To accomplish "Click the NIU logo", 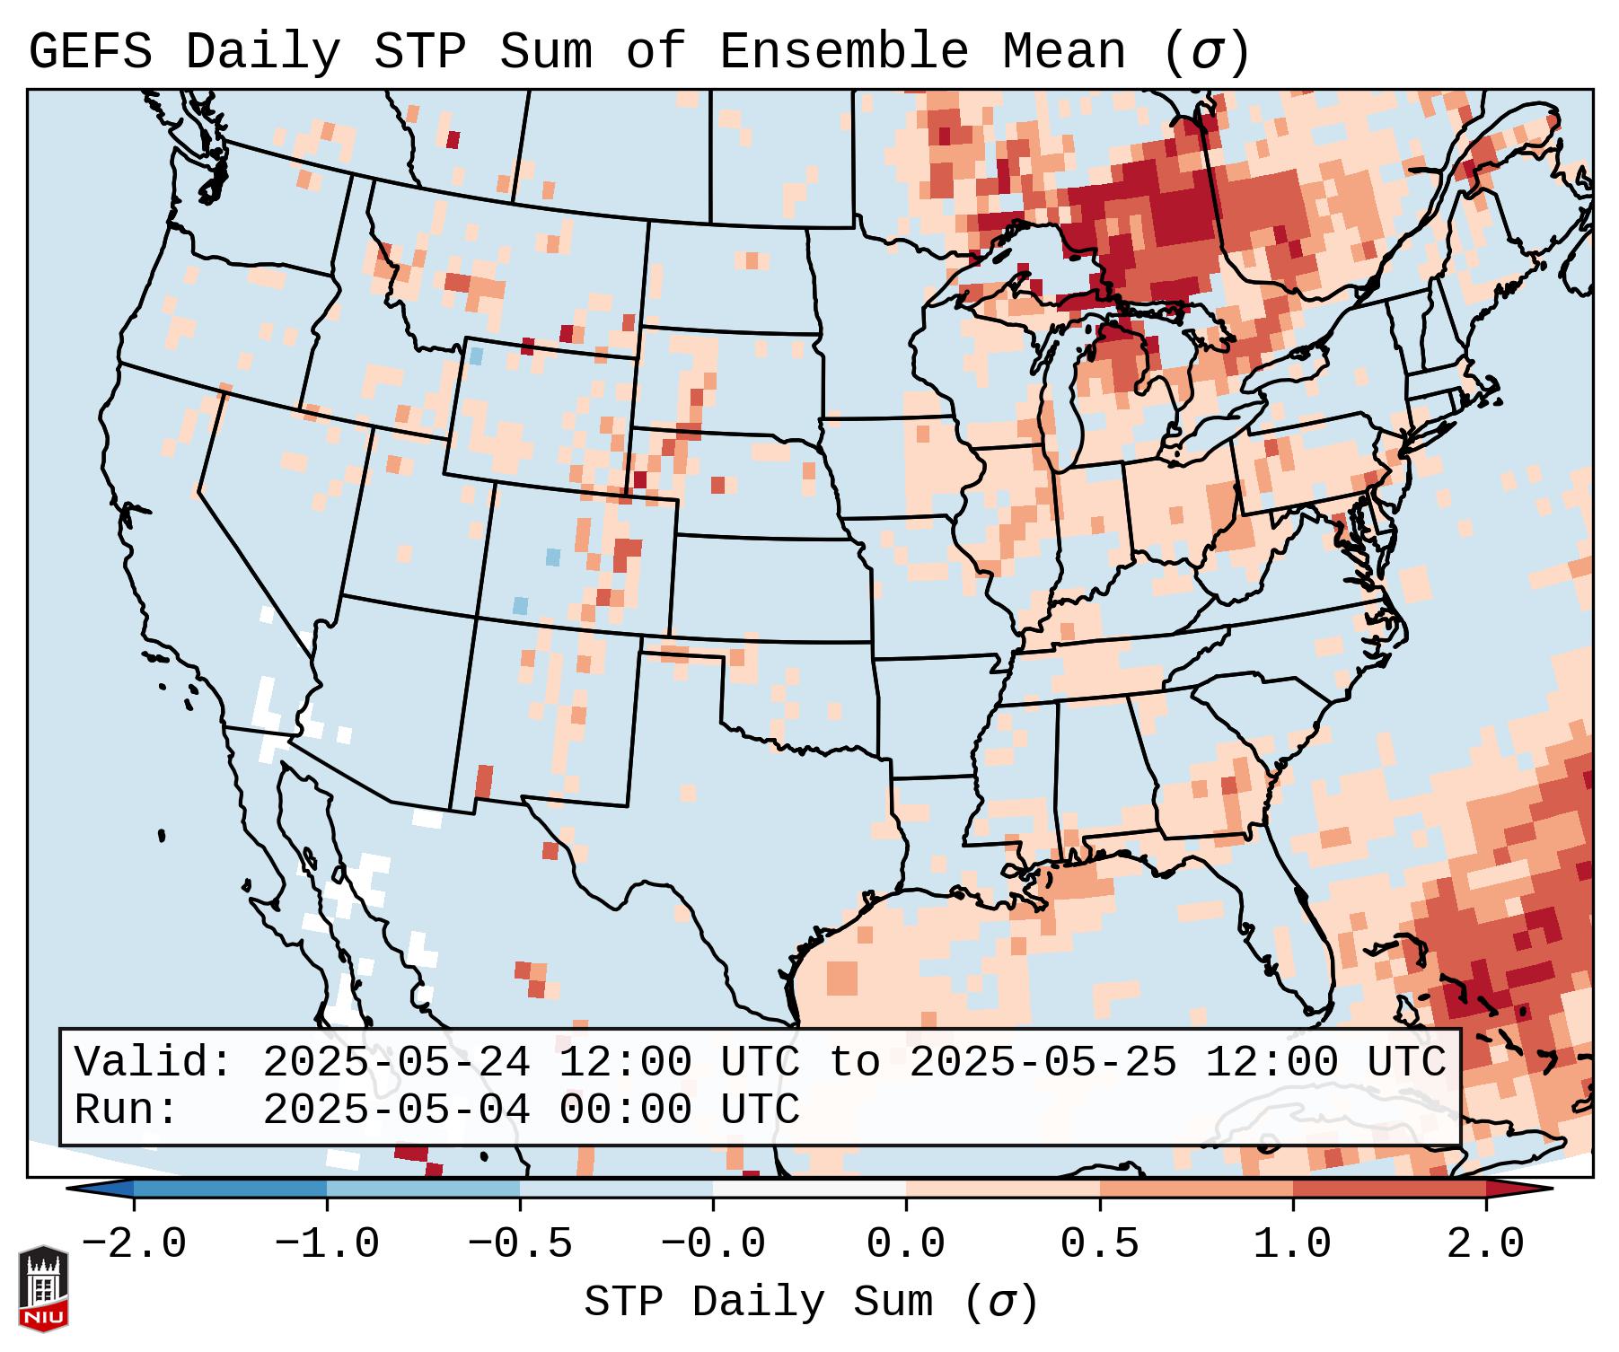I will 43,1287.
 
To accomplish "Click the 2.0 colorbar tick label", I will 1486,1244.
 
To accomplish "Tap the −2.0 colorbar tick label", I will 134,1244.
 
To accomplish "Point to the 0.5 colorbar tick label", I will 1100,1244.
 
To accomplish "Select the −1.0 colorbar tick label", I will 327,1244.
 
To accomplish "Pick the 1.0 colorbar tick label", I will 1293,1244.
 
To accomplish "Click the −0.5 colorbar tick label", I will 520,1244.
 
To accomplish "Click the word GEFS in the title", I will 90,52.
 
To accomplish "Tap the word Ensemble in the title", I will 843,52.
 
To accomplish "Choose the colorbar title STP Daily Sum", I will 758,1303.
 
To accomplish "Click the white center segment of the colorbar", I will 809,1189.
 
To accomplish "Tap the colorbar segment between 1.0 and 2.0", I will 1389,1189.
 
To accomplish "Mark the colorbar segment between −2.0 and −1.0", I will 230,1189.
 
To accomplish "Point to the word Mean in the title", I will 1063,52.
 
